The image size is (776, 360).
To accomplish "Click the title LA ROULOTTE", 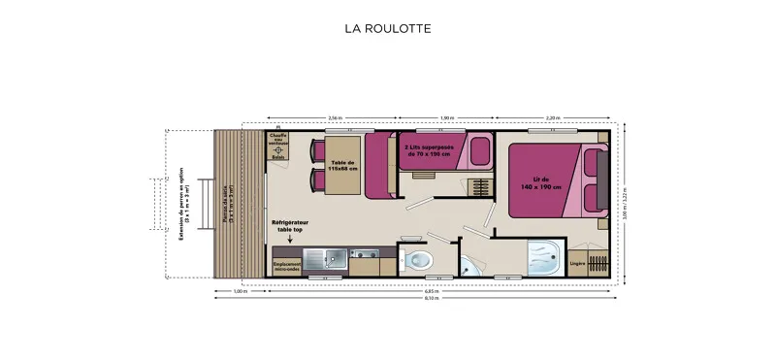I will click(387, 28).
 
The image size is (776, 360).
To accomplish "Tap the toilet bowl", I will click(420, 259).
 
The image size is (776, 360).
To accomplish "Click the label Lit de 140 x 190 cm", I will click(540, 181).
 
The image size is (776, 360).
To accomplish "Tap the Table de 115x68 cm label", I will click(344, 165).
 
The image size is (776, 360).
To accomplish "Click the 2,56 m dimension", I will click(335, 117).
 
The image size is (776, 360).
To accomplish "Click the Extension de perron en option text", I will click(182, 199).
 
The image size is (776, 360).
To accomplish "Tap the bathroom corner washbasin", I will click(469, 264).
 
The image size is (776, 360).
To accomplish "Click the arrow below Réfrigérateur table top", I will click(289, 239).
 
